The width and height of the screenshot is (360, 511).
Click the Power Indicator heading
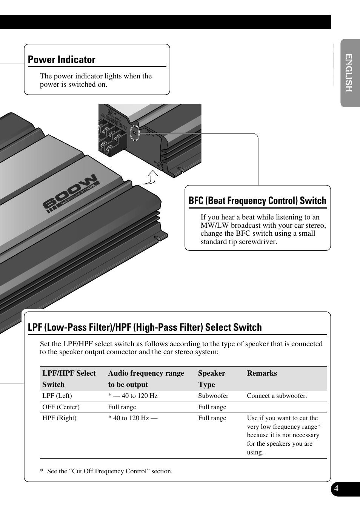point(62,60)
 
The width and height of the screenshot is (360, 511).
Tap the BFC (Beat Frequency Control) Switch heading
point(257,201)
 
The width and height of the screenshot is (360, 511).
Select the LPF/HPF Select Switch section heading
point(145,327)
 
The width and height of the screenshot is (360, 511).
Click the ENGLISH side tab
point(349,73)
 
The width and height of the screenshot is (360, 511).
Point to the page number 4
point(336,489)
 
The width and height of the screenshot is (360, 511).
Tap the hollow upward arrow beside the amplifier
point(152,176)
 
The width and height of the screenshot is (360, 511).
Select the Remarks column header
point(262,373)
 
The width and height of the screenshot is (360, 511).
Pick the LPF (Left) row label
point(57,396)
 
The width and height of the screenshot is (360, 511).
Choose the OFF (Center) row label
point(61,407)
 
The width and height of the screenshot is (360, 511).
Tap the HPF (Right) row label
point(59,418)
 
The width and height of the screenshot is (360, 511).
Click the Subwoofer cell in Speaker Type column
point(213,396)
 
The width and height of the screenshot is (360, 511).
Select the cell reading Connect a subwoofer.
point(277,396)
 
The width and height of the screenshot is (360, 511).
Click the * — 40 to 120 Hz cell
point(133,396)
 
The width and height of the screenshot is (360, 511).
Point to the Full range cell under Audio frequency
point(122,407)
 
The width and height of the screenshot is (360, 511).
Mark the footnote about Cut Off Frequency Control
point(106,471)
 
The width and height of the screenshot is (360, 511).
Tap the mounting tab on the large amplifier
point(161,236)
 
